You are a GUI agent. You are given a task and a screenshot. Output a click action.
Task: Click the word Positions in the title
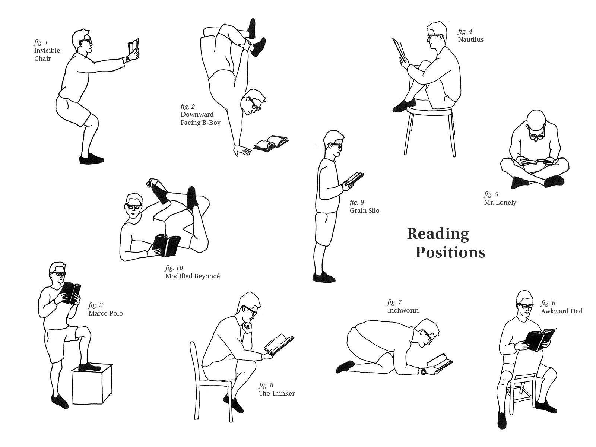tap(450, 253)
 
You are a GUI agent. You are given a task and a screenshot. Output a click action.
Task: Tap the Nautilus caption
tap(471, 39)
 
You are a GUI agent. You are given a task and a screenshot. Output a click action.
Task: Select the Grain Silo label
tap(364, 210)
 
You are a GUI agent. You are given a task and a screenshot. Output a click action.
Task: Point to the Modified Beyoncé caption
tap(193, 276)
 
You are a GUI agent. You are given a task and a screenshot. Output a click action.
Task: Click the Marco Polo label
tap(106, 314)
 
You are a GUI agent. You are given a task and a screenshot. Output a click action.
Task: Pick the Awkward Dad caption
tap(562, 311)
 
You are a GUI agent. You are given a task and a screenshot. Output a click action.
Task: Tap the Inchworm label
tap(403, 311)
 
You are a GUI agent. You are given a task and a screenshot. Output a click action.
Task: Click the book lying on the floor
tap(271, 143)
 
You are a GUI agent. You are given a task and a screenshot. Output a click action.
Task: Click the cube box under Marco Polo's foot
tap(92, 384)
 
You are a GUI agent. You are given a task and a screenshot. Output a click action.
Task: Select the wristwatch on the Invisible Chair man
tap(127, 59)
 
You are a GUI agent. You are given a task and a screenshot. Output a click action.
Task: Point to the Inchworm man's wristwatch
tap(423, 371)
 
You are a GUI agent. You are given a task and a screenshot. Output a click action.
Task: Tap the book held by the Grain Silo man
tap(355, 178)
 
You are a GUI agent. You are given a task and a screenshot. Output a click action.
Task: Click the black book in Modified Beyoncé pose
tap(166, 245)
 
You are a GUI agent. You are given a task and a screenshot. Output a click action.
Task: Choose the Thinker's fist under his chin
tap(247, 327)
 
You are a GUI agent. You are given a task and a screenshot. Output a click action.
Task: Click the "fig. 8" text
tap(266, 386)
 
